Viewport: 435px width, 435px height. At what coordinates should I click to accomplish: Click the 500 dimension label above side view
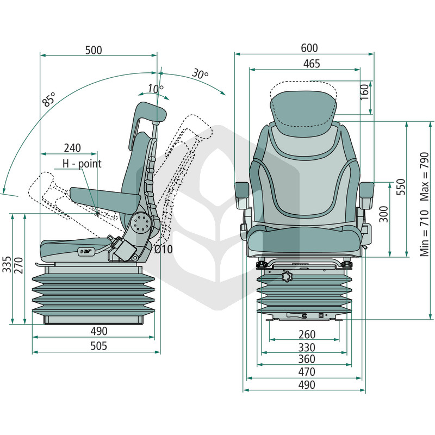coord(94,50)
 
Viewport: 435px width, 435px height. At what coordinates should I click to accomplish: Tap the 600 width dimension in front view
coord(309,48)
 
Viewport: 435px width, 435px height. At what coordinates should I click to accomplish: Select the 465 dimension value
coord(312,64)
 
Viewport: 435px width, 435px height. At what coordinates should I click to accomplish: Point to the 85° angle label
coord(49,99)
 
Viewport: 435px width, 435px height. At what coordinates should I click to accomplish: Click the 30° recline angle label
coord(200,73)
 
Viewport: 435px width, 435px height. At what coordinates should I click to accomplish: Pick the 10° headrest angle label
coord(156,89)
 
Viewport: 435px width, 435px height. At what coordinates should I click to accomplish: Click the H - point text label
coord(82,164)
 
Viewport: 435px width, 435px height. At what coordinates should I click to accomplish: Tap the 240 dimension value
coord(72,148)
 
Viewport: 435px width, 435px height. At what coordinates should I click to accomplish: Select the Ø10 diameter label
coord(164,250)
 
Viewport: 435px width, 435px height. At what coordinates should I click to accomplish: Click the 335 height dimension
coord(7,264)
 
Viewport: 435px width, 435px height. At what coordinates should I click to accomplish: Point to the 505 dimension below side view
coord(99,346)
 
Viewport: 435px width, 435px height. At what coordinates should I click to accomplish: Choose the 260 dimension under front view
coord(307,334)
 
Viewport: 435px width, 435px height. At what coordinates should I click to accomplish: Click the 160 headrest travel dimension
coord(364,92)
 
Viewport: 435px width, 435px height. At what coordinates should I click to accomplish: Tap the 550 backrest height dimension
coord(401,187)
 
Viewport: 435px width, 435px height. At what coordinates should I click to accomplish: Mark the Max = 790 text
coord(425,176)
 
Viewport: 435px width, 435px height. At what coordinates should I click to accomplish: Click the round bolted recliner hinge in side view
coord(141,223)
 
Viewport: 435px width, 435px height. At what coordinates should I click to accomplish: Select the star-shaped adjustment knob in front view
coord(288,276)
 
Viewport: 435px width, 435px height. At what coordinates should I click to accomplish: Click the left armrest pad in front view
coord(241,190)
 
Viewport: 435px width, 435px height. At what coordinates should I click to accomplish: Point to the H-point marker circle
coord(97,213)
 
